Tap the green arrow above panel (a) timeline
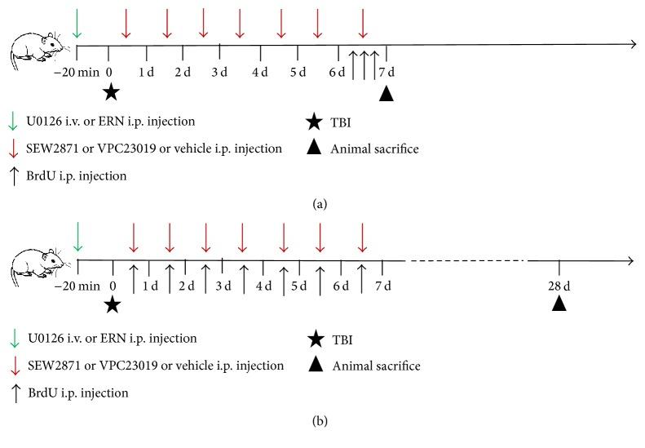pyautogui.click(x=77, y=23)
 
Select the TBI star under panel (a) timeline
pyautogui.click(x=110, y=91)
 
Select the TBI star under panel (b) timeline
pyautogui.click(x=113, y=304)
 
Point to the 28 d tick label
pyautogui.click(x=559, y=286)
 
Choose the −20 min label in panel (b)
pyautogui.click(x=76, y=286)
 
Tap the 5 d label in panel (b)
pyautogui.click(x=299, y=286)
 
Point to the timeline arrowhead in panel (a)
pyautogui.click(x=630, y=44)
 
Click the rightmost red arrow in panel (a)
pyautogui.click(x=363, y=23)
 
